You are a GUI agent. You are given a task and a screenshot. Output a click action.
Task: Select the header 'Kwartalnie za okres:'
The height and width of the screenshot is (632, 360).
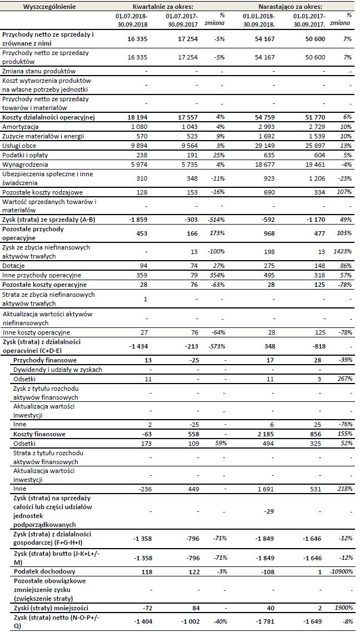pos(166,6)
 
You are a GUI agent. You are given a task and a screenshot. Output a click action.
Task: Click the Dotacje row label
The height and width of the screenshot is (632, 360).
pos(14,266)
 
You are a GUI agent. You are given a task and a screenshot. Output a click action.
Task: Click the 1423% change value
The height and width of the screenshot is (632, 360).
pos(343,251)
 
